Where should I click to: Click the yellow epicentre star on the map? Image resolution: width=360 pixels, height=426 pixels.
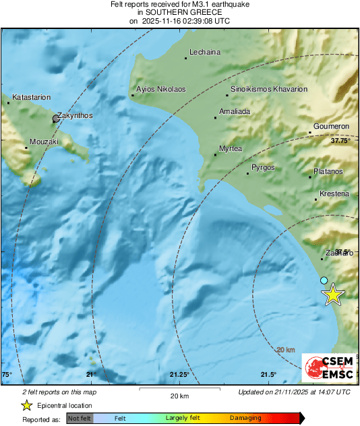332,295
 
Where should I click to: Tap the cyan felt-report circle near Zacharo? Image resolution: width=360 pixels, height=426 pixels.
324,280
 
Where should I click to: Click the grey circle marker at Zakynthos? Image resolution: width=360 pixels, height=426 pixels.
56,119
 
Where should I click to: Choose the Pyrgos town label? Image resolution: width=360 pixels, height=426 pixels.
264,166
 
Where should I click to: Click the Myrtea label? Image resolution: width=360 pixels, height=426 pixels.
231,148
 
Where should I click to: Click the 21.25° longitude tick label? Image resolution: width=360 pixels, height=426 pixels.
179,375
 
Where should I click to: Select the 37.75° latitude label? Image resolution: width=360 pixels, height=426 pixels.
341,142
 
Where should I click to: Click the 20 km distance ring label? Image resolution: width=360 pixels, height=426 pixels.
286,350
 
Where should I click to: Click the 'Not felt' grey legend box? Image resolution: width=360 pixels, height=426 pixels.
80,419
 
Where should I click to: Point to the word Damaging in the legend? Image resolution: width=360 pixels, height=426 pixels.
245,419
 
